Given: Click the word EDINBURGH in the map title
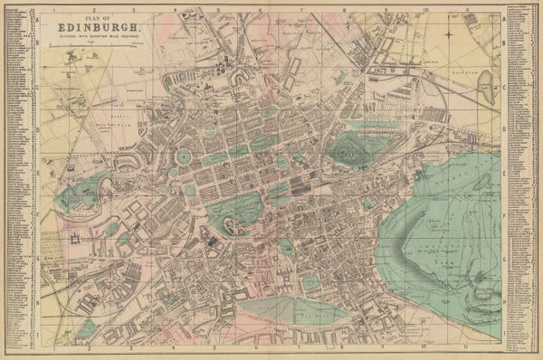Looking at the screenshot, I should point(100,29).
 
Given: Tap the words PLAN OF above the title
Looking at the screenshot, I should point(100,17).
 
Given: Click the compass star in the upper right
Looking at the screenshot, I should point(449,34).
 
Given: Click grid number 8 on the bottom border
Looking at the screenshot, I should point(341,347).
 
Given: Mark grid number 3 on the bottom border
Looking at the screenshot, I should point(132,347).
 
